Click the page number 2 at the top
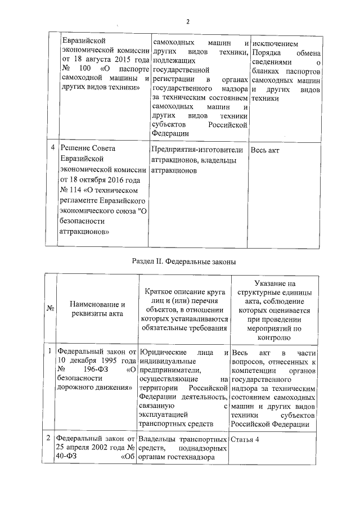(188, 22)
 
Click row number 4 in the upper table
(52, 148)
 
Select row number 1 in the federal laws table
(51, 352)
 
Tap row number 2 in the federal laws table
(51, 438)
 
